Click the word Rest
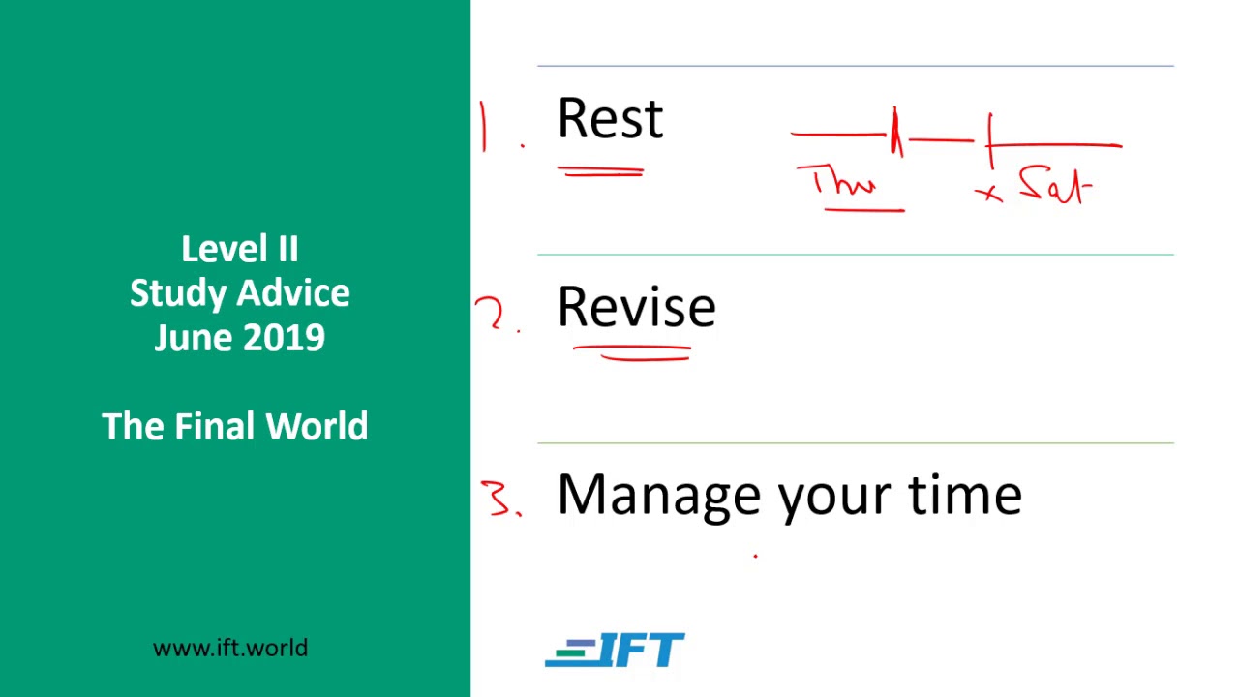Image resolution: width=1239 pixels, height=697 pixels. [610, 119]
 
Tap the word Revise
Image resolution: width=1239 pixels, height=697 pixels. [636, 308]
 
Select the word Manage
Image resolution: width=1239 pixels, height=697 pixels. [658, 496]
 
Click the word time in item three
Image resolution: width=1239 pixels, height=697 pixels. [964, 494]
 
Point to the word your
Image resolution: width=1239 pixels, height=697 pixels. [834, 498]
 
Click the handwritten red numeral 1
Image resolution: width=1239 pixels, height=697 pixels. [483, 128]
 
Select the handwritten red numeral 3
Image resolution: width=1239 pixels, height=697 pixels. [499, 498]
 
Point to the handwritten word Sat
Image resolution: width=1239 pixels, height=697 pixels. [1055, 186]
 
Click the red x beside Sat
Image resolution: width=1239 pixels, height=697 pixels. [988, 194]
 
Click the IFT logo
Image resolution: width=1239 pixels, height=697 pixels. [615, 651]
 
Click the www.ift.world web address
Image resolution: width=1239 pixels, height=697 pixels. [230, 648]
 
